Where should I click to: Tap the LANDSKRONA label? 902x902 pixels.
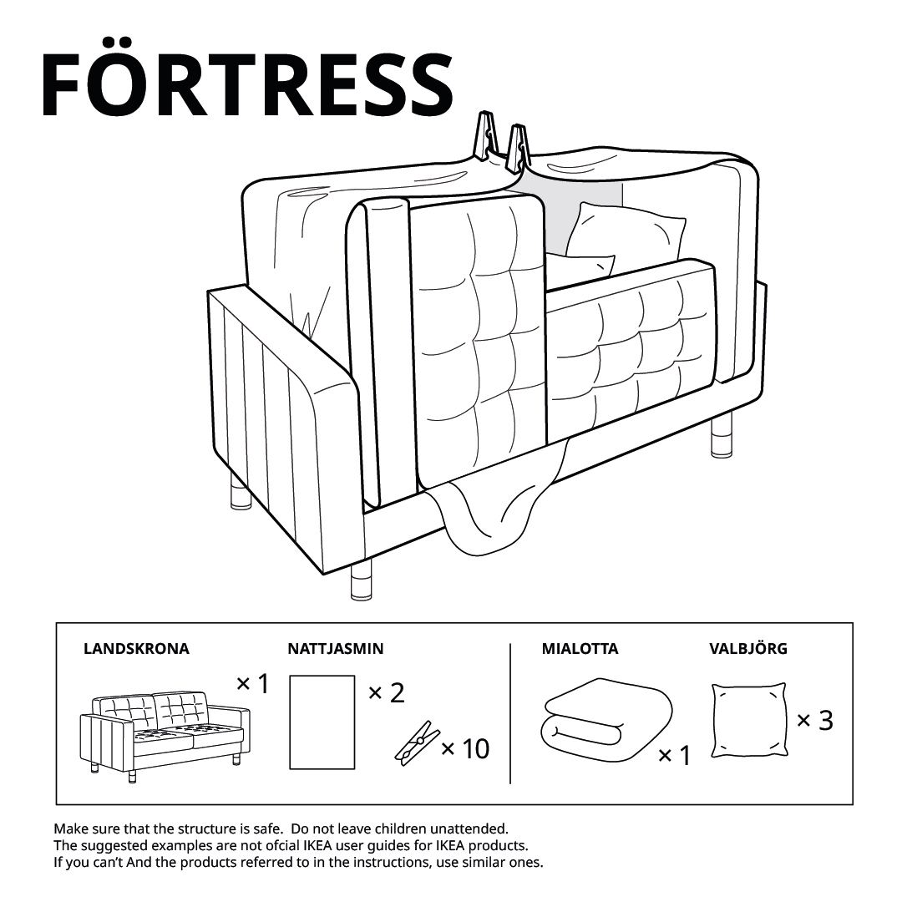[x=136, y=649]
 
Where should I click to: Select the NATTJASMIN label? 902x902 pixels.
[x=336, y=649]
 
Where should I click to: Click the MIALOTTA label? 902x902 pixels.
[x=580, y=649]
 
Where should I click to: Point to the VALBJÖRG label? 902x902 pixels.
[x=747, y=648]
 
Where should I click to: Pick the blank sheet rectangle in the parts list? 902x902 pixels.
[x=322, y=722]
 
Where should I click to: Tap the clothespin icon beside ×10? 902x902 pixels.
[x=417, y=742]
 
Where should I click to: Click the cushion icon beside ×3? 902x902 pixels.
[x=749, y=720]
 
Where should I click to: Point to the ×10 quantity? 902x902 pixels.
[x=465, y=748]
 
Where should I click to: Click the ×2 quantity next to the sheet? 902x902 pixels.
[x=386, y=693]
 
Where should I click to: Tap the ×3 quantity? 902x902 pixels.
[x=814, y=720]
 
